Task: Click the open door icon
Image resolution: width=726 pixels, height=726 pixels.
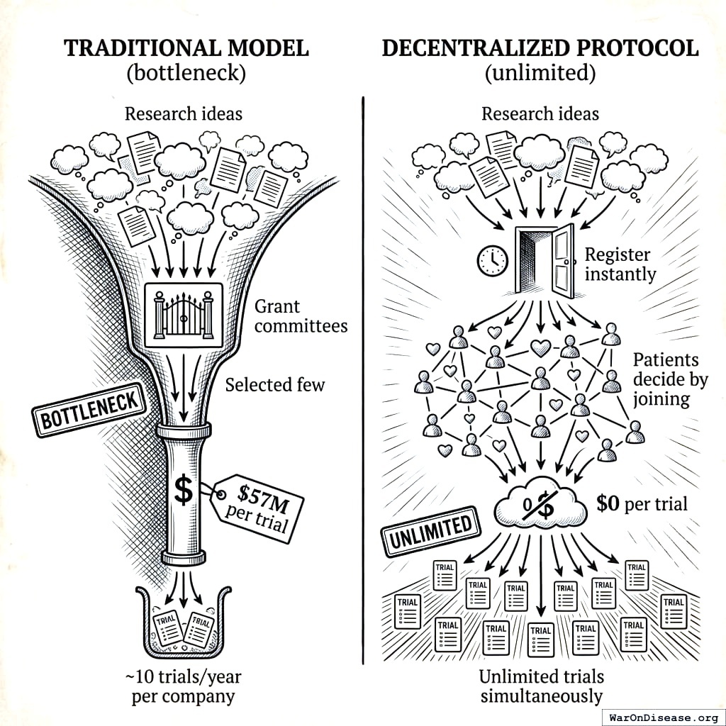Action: (544, 262)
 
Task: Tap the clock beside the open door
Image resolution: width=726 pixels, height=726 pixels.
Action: (492, 260)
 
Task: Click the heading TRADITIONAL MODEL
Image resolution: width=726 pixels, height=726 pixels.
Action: (186, 48)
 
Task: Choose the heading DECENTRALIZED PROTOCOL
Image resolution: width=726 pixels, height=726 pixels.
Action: (540, 48)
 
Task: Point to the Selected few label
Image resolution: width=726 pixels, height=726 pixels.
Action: (275, 385)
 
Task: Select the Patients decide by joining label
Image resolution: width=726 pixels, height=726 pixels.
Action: (670, 379)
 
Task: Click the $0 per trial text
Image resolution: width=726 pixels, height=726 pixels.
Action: (642, 504)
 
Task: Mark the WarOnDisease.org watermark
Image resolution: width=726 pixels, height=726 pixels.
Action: (664, 716)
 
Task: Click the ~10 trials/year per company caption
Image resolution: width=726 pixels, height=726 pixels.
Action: (183, 686)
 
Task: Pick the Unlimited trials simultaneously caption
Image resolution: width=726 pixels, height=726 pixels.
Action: (540, 686)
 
